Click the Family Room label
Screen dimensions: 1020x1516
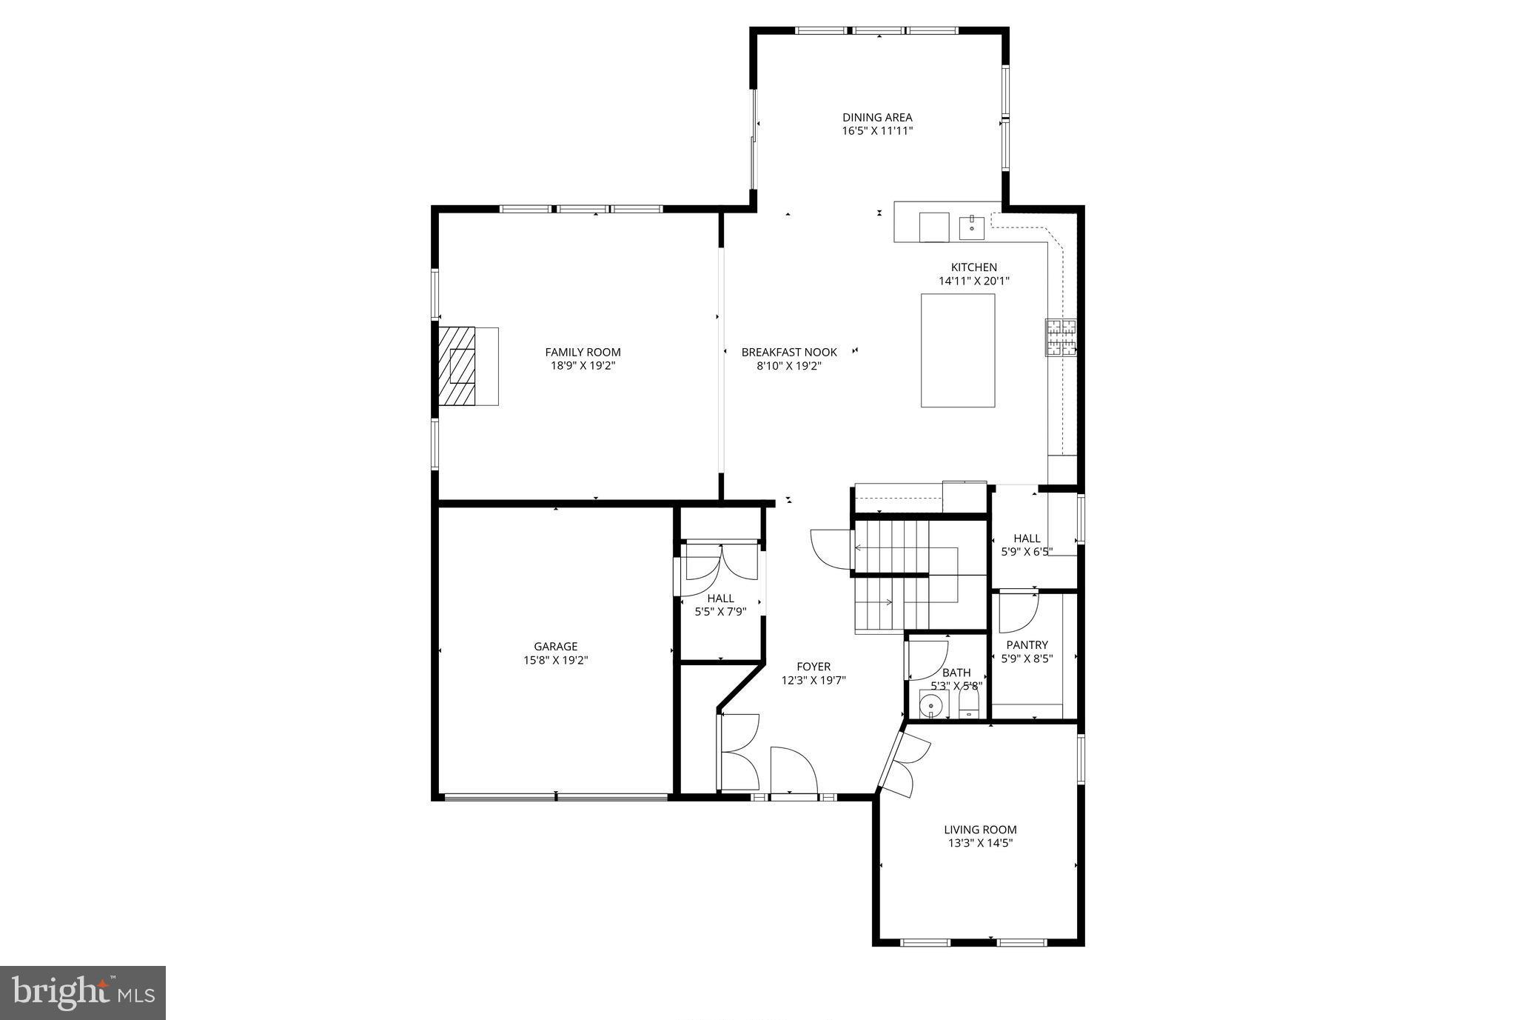[x=583, y=352]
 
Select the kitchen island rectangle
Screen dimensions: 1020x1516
[x=957, y=350]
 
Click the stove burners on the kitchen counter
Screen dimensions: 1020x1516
[x=1061, y=338]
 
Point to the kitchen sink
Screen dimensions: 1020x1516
[x=971, y=227]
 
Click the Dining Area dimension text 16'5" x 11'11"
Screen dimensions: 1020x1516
[x=877, y=131]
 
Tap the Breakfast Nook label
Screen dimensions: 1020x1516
[x=789, y=352]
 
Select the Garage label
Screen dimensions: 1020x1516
[x=555, y=646]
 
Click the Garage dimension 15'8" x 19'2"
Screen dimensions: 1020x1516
[x=555, y=660]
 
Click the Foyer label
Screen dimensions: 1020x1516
[x=814, y=666]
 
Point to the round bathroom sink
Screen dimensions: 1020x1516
[x=931, y=706]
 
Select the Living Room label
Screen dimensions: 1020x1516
[x=980, y=830]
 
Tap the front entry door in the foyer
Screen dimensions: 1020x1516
[x=793, y=772]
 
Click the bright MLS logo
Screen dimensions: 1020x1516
[x=83, y=993]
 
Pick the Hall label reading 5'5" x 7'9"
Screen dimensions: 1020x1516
[x=720, y=605]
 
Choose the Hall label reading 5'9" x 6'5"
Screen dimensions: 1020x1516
[x=1027, y=544]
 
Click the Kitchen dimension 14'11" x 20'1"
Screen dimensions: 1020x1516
[x=974, y=281]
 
